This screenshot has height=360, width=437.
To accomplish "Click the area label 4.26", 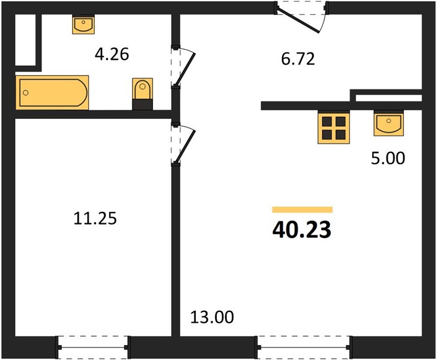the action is [112, 55].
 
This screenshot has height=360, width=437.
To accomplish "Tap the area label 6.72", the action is [298, 59].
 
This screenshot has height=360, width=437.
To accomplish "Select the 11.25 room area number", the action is [95, 218].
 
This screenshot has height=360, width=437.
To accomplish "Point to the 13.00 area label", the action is [212, 317].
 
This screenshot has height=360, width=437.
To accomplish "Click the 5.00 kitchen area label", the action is [388, 158].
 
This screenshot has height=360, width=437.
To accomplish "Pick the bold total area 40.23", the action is [302, 230].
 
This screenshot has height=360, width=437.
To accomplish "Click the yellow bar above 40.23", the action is [303, 209].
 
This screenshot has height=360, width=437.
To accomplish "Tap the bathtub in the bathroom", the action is [52, 92].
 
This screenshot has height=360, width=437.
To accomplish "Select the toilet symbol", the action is [142, 94].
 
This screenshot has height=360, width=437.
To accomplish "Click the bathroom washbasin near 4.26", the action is [83, 24].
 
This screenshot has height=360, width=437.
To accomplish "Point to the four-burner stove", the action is [334, 128].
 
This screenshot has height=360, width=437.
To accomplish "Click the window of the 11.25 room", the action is [93, 347].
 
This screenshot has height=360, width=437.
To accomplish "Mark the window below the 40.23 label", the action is [304, 347].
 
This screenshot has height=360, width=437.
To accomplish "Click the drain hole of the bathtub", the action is [26, 93].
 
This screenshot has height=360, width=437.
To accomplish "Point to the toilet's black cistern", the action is [142, 104].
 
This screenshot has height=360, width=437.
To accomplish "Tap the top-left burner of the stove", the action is [327, 121].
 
